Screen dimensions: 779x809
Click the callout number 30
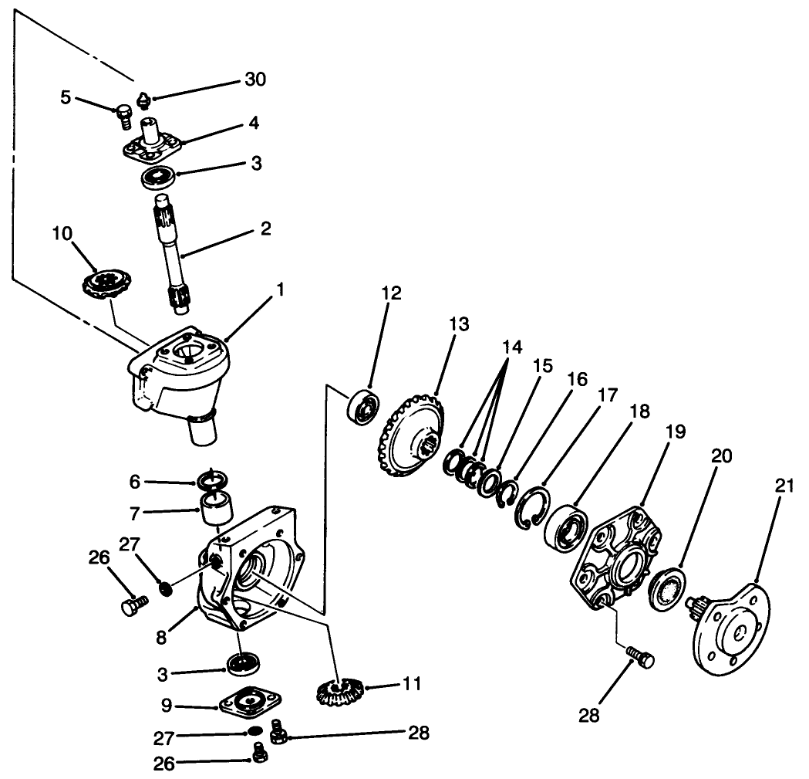coord(256,80)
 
